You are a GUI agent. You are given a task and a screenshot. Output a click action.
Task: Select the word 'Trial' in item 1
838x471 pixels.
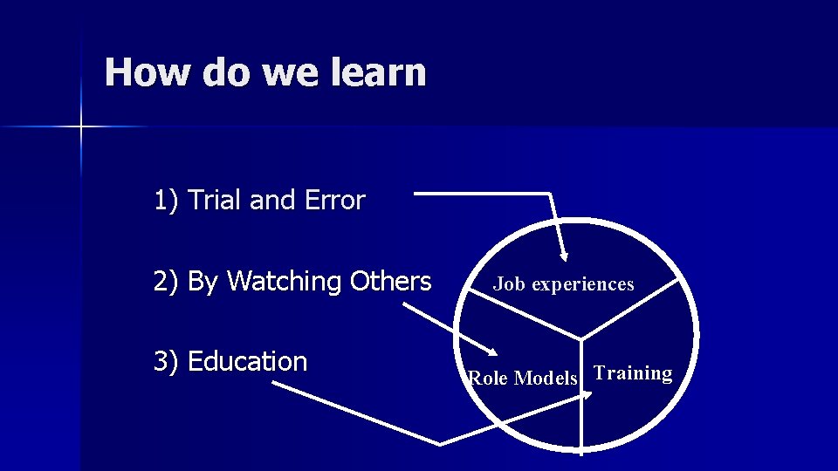(216, 201)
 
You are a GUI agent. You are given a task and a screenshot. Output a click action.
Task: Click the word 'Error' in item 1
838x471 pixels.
(335, 201)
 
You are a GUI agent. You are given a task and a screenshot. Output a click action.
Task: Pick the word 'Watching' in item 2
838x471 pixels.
(285, 282)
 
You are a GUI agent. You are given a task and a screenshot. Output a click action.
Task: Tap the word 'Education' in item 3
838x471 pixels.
(247, 361)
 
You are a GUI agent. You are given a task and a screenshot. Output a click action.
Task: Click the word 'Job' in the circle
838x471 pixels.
(510, 283)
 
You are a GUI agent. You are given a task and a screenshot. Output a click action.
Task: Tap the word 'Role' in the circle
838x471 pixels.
(489, 379)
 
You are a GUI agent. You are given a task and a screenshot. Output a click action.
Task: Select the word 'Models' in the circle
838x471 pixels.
(546, 379)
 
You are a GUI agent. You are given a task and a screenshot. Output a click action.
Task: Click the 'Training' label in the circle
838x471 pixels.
(633, 373)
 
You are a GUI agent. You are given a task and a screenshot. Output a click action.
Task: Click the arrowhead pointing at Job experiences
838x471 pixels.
(564, 256)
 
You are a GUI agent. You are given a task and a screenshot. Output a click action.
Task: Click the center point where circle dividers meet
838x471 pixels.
(581, 338)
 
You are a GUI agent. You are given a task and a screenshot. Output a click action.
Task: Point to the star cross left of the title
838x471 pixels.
(79, 127)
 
